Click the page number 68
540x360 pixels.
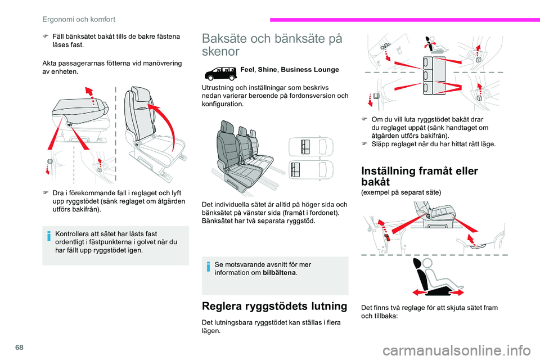pyautogui.click(x=20, y=347)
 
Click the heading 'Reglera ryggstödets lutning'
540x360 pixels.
pyautogui.click(x=274, y=306)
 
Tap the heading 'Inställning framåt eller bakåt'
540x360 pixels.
pyautogui.click(x=420, y=176)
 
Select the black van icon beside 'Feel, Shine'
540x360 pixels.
pyautogui.click(x=220, y=73)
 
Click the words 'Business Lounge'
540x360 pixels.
pyautogui.click(x=310, y=70)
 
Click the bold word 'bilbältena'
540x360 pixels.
pyautogui.click(x=279, y=273)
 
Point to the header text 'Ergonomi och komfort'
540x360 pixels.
pyautogui.click(x=79, y=19)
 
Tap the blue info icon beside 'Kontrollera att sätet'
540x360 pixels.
pyautogui.click(x=49, y=236)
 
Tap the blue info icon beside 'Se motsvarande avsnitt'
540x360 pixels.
pyautogui.click(x=208, y=267)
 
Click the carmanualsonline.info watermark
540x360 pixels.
pyautogui.click(x=456, y=350)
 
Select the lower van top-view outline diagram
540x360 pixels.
pyautogui.click(x=311, y=170)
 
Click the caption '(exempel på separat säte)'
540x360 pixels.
pyautogui.click(x=401, y=192)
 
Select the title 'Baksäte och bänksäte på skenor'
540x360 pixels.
pyautogui.click(x=272, y=45)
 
